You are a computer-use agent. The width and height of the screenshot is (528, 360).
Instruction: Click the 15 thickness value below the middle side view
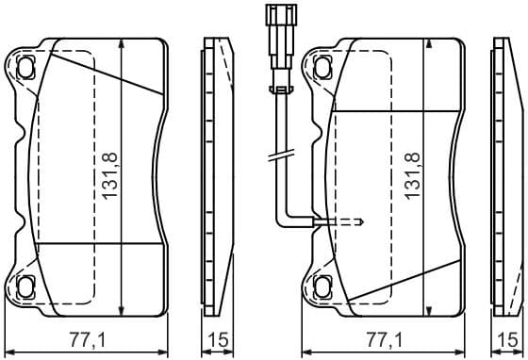(218, 340)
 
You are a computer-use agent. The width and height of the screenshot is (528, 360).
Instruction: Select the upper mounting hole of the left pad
(25, 65)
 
